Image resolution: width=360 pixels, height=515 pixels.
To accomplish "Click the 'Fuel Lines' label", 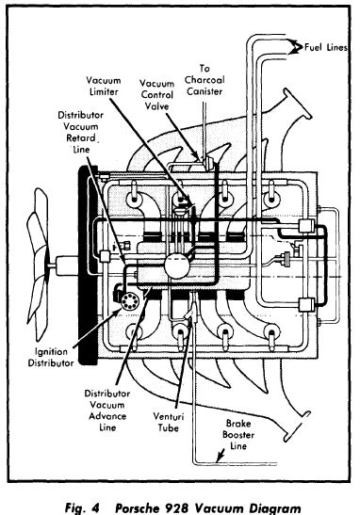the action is [x=326, y=47].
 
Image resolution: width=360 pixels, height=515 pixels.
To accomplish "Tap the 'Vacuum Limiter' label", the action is [x=104, y=86].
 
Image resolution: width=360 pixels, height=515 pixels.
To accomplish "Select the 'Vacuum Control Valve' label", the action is [x=156, y=94].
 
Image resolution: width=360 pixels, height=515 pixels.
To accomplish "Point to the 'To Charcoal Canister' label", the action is [x=205, y=80].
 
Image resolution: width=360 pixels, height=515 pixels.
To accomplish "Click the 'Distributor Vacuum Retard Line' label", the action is [x=80, y=132].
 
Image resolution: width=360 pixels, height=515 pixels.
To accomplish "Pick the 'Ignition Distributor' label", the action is [x=51, y=357].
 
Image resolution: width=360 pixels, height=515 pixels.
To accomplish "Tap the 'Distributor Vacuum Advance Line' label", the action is [x=107, y=410].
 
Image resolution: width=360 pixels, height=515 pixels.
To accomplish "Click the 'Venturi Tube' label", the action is [x=169, y=422].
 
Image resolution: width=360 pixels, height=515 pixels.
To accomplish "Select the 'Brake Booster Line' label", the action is [x=238, y=434].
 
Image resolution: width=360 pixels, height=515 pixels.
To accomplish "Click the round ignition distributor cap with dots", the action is [x=129, y=301].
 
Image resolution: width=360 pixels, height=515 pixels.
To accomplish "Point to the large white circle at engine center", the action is [x=177, y=266].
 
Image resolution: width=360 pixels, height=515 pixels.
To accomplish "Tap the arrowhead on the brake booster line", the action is [x=220, y=457].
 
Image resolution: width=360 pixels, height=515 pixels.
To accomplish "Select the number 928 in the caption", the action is [x=176, y=507].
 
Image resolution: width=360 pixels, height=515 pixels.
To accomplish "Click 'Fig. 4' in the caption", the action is [x=82, y=507].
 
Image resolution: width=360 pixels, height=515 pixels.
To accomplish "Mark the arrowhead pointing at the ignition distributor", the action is [x=118, y=312].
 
